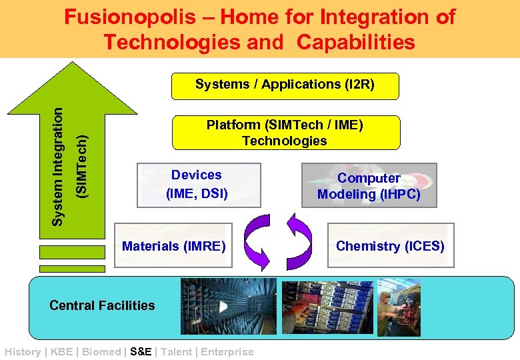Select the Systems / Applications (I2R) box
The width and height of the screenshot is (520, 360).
point(285,85)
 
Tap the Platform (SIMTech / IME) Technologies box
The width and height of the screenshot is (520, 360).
point(285,133)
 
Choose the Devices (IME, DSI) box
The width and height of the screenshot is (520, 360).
point(196,185)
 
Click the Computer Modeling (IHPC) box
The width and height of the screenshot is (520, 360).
point(369,186)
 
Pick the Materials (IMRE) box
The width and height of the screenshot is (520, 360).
point(174,247)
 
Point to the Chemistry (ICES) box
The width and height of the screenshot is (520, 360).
point(390,247)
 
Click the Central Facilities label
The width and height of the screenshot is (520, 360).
point(102,305)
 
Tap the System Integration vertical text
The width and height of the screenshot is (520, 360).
point(59,167)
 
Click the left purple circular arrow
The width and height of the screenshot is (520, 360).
point(257,243)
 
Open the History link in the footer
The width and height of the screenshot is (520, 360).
point(22,352)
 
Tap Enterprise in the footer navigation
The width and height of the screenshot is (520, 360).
point(227,352)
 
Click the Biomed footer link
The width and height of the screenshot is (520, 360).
point(102,352)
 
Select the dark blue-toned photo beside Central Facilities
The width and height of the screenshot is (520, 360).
point(228,306)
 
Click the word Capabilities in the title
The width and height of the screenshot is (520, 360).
point(356,42)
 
